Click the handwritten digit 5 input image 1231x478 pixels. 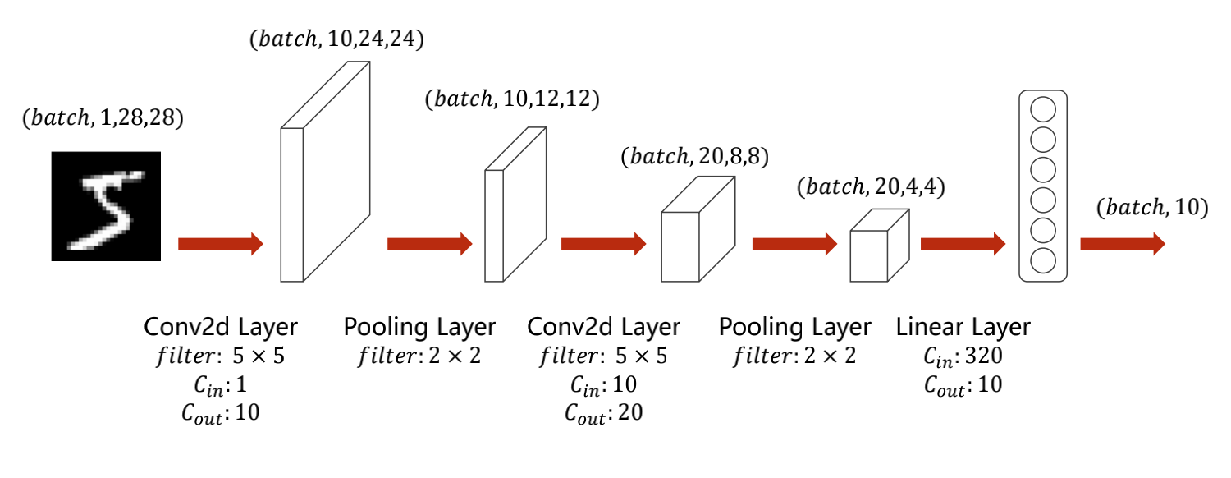pyautogui.click(x=107, y=206)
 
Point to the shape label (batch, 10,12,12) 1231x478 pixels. pyautogui.click(x=512, y=99)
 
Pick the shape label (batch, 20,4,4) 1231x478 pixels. pyautogui.click(x=872, y=187)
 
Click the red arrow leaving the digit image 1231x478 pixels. pyautogui.click(x=220, y=244)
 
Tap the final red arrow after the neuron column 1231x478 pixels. pyautogui.click(x=1122, y=244)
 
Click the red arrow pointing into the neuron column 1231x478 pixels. pyautogui.click(x=963, y=244)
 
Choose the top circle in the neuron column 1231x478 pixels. pyautogui.click(x=1042, y=109)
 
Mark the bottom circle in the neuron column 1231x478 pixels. pyautogui.click(x=1042, y=261)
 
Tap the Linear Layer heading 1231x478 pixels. pyautogui.click(x=963, y=328)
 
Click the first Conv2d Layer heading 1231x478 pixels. pyautogui.click(x=221, y=328)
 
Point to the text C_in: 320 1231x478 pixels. pyautogui.click(x=963, y=357)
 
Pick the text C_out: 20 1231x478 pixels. pyautogui.click(x=603, y=413)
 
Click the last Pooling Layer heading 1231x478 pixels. pyautogui.click(x=794, y=328)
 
